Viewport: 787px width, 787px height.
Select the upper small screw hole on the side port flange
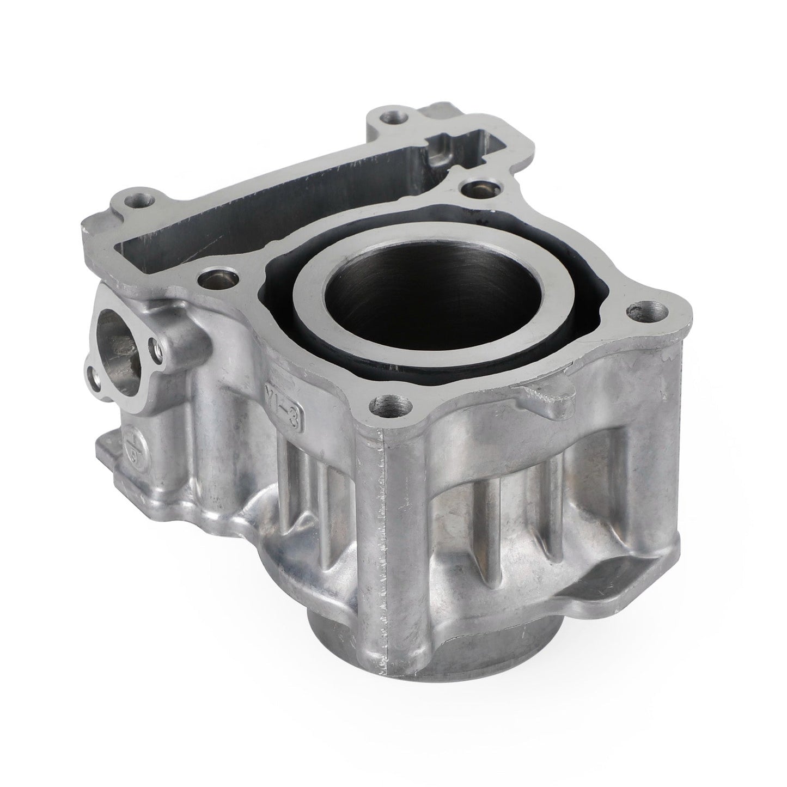click(158, 344)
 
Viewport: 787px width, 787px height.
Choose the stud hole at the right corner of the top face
click(636, 312)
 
